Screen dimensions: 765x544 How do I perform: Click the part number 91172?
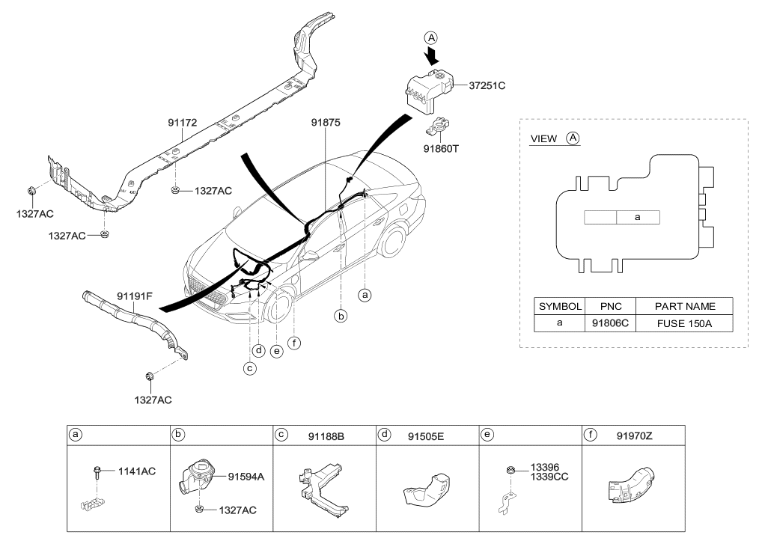click(183, 123)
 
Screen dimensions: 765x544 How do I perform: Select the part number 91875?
click(326, 123)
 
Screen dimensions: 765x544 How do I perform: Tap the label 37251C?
click(487, 85)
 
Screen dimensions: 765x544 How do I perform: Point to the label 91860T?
click(441, 148)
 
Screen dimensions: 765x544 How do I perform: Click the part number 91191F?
click(135, 296)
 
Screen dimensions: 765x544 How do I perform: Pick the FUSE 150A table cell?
click(684, 323)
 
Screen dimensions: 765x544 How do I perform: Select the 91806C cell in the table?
click(610, 323)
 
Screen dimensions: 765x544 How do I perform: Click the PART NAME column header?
click(684, 306)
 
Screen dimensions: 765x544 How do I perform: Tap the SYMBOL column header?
click(560, 306)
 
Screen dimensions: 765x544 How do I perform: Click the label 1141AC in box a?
click(136, 471)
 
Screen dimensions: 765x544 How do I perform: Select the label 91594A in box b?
click(246, 477)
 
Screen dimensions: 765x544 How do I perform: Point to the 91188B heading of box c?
click(326, 436)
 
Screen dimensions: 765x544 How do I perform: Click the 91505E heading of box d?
click(426, 436)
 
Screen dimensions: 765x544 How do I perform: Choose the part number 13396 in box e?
click(545, 467)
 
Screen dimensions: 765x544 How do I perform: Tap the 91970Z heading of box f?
click(634, 435)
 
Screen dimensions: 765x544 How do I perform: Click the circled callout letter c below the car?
click(250, 368)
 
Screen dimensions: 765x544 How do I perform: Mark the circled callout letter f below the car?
click(293, 343)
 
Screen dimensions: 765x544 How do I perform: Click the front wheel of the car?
click(278, 307)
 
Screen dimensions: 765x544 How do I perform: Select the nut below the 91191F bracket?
click(150, 376)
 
